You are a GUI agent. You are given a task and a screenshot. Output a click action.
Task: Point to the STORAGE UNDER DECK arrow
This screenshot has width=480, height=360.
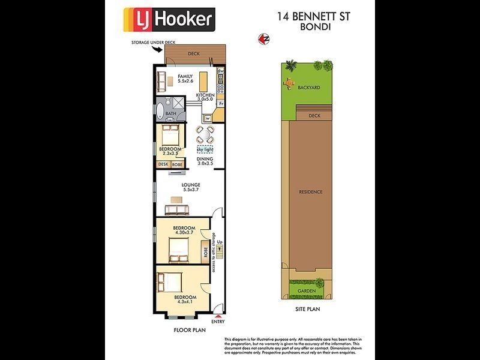click(x=158, y=48)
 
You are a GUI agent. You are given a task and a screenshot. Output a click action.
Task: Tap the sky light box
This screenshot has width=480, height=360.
click(x=205, y=149)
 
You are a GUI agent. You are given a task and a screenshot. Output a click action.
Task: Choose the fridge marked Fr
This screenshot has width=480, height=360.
click(x=221, y=103)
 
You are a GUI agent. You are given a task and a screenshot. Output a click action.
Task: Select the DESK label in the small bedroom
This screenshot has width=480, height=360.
click(x=163, y=164)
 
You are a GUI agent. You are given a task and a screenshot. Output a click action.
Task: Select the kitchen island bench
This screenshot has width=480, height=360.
click(x=203, y=80)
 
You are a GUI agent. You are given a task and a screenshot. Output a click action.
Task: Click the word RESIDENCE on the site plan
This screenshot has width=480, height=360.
click(x=311, y=192)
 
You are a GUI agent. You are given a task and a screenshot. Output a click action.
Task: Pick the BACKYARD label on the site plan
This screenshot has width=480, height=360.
click(x=308, y=88)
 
